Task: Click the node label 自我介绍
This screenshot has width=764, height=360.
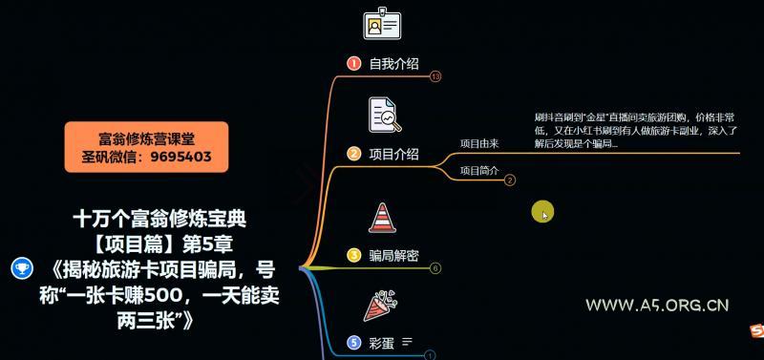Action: [393, 64]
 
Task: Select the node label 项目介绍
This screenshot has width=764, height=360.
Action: [393, 154]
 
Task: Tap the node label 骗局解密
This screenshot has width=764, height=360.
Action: [393, 255]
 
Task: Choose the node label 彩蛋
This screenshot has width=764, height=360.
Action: [382, 341]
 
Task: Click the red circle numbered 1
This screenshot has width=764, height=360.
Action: [353, 64]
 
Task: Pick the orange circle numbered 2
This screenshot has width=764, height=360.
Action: [353, 154]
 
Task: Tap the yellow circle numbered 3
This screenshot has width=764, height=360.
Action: [353, 255]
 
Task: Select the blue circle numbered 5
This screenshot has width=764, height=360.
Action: [354, 341]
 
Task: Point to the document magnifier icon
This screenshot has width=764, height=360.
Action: [385, 114]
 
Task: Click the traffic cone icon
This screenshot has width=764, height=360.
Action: [383, 217]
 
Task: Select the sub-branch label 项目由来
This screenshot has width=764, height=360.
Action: [479, 143]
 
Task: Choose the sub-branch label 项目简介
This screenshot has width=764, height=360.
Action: [479, 171]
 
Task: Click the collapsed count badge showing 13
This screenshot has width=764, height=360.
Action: [435, 75]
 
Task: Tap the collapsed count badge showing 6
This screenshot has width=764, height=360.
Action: [435, 267]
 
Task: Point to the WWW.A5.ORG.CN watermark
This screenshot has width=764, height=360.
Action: [658, 306]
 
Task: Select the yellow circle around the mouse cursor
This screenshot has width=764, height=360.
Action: [542, 213]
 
